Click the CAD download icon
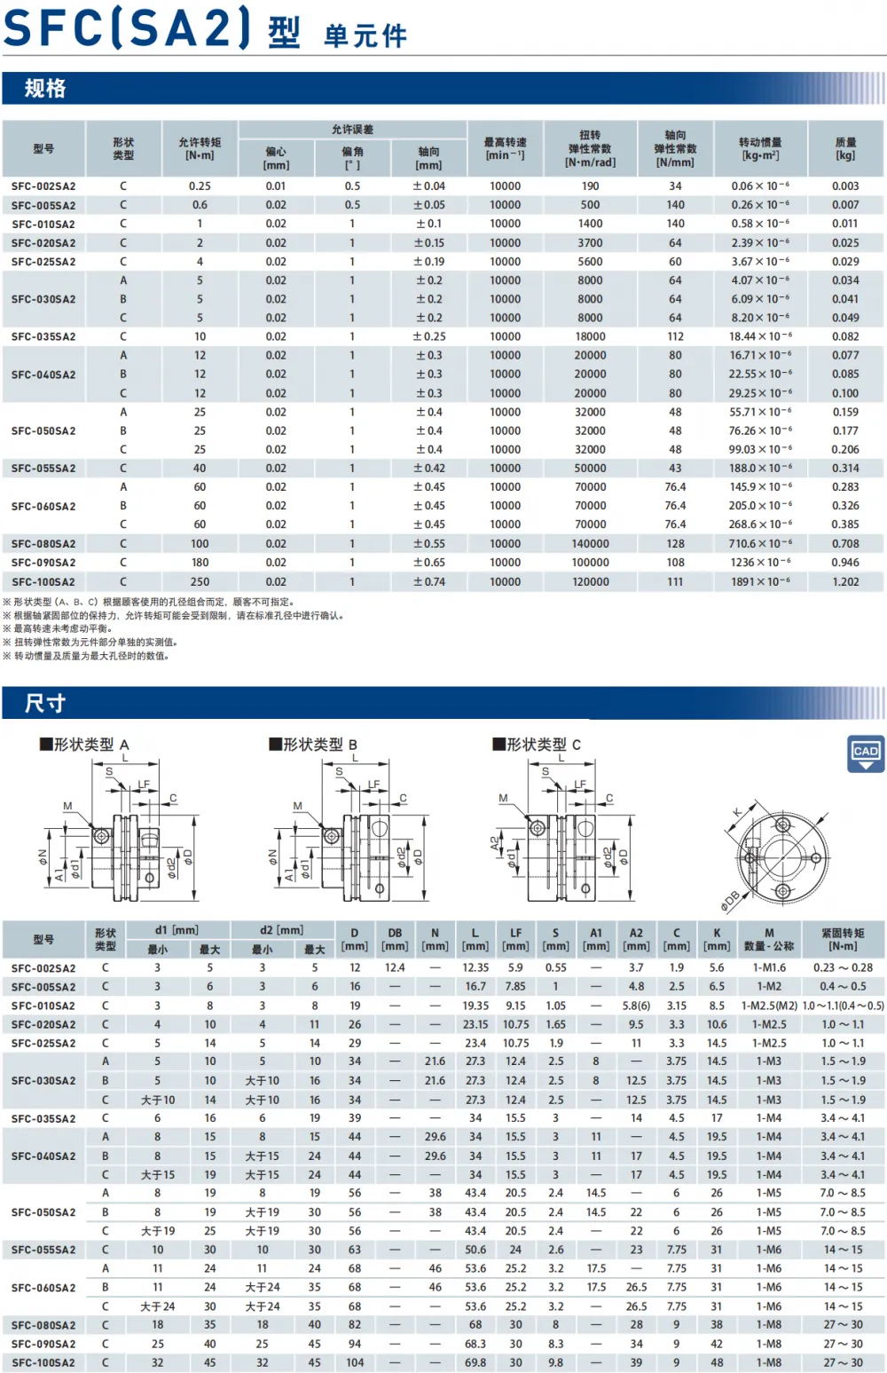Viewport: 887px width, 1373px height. point(866,754)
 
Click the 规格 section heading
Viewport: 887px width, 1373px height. point(44,88)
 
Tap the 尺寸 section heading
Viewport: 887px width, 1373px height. point(44,702)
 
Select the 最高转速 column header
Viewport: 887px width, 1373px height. point(505,148)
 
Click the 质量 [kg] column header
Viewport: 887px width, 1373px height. point(845,148)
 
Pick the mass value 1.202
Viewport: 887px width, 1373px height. point(845,581)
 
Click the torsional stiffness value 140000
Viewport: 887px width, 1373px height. point(591,544)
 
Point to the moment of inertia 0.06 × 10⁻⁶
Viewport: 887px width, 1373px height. point(760,185)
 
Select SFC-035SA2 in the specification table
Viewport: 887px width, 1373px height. point(43,336)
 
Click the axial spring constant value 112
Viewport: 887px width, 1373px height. point(675,336)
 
